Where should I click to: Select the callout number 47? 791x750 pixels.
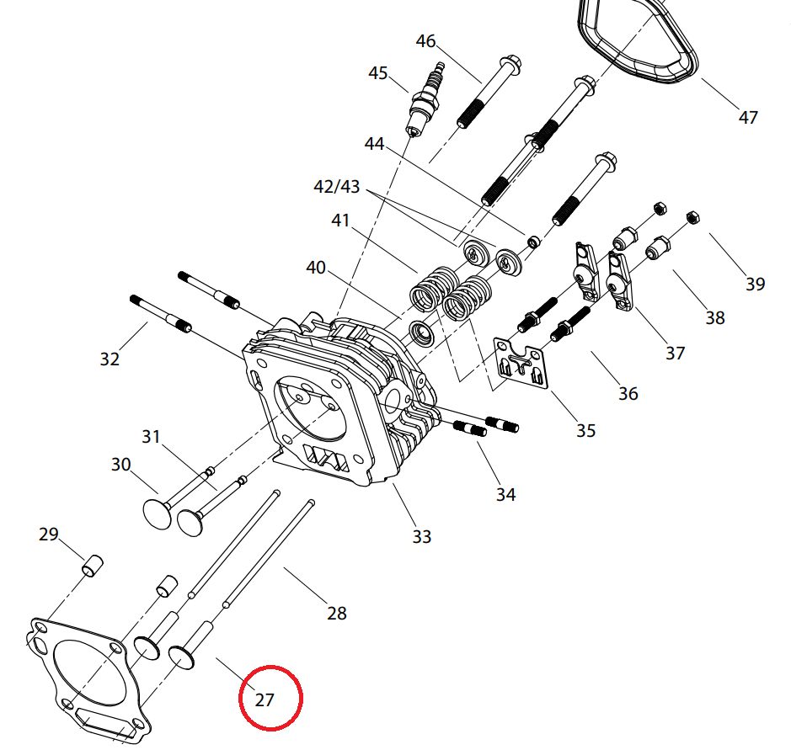747,117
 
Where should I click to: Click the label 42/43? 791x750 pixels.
336,187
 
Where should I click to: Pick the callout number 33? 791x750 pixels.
421,535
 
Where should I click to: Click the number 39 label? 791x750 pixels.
755,284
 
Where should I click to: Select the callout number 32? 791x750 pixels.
110,359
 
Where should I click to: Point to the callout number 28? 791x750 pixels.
336,613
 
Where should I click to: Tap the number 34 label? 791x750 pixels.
505,494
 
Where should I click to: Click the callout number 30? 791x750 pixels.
121,464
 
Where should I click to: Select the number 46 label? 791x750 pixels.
425,41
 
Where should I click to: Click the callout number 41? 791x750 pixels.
339,221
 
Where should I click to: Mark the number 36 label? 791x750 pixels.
628,393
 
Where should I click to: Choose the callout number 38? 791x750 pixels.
714,317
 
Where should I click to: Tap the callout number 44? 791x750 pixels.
374,144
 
